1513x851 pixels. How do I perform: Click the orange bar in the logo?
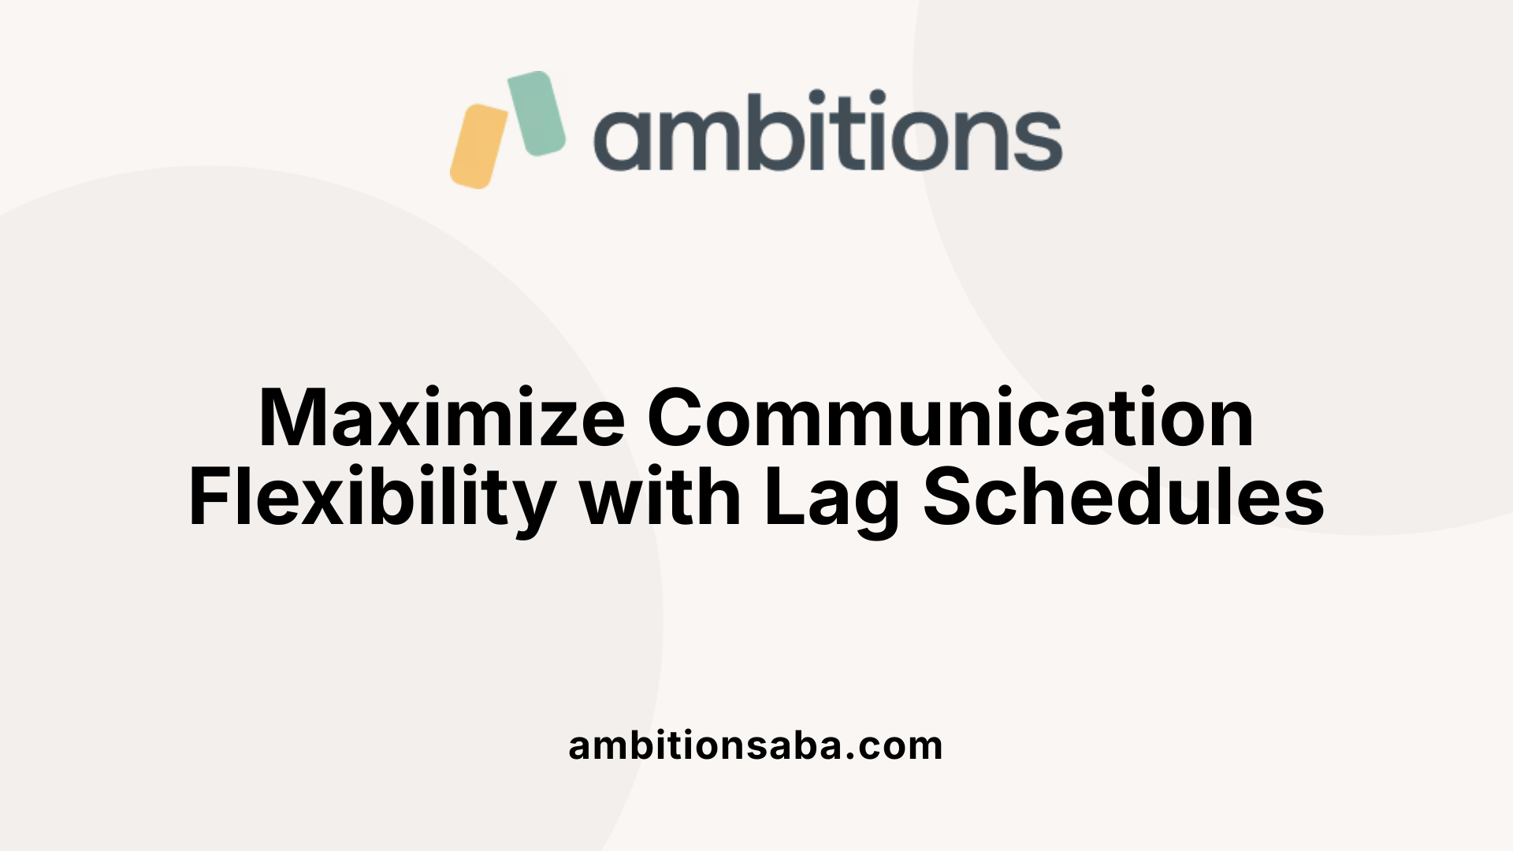tap(479, 147)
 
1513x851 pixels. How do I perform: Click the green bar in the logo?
tap(537, 113)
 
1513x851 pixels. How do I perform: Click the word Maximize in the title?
tap(441, 418)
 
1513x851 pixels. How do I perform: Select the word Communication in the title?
tap(950, 418)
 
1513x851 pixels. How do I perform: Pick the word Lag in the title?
tap(831, 500)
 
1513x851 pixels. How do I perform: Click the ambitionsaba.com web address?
tap(756, 745)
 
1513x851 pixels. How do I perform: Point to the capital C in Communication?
tap(680, 418)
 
